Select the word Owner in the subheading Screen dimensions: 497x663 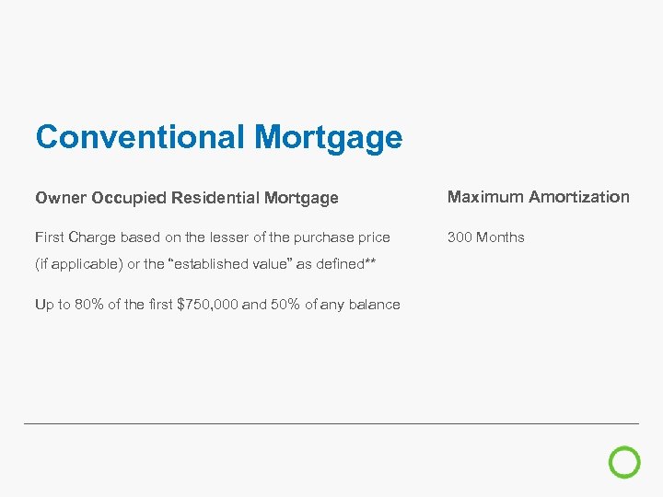pyautogui.click(x=61, y=198)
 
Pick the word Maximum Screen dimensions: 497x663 pyautogui.click(x=484, y=197)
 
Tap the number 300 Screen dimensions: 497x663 pyautogui.click(x=459, y=237)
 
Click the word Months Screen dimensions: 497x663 pyautogui.click(x=500, y=237)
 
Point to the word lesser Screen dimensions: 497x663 pyautogui.click(x=238, y=237)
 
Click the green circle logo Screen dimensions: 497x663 pyautogui.click(x=625, y=462)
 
